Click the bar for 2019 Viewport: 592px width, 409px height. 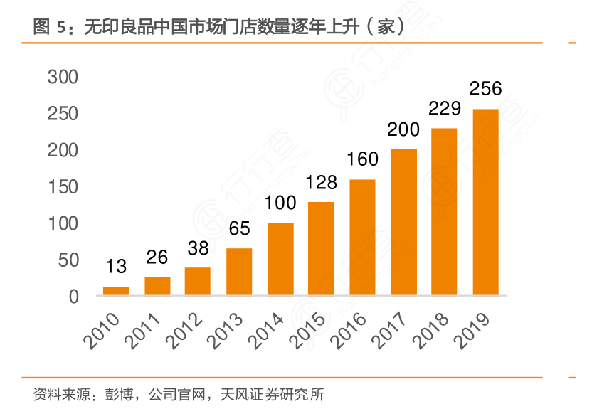pos(486,202)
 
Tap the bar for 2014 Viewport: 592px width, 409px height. pos(281,259)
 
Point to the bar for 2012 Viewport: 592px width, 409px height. pos(198,281)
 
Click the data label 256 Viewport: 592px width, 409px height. pos(486,89)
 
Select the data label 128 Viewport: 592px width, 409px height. pos(322,182)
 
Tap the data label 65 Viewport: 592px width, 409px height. pos(239,229)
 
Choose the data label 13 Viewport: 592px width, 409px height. pos(116,267)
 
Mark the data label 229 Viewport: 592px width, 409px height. pos(445,109)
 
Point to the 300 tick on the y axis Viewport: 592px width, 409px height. pos(63,77)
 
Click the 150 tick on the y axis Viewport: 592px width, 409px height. pos(63,187)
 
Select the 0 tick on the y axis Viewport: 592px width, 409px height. pos(73,297)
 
